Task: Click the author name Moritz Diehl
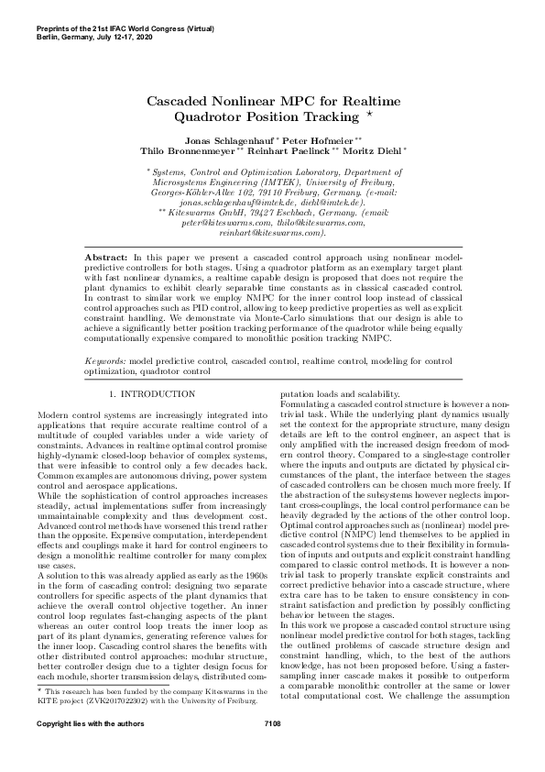tap(372, 149)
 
